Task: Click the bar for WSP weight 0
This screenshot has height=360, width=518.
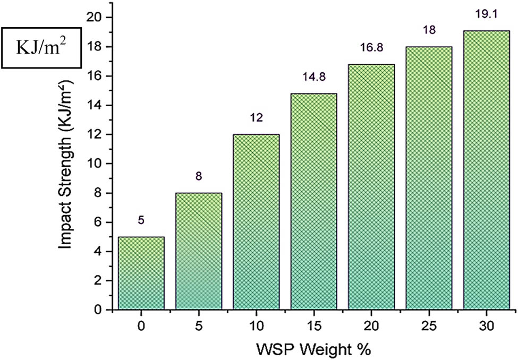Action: [141, 273]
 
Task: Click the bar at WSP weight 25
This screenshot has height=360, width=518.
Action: [429, 178]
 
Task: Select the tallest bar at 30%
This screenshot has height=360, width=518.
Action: [486, 170]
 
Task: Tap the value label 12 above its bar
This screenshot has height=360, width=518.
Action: [256, 118]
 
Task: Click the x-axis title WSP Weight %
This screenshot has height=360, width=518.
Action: [312, 350]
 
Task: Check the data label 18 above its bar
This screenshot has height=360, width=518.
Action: [429, 30]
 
